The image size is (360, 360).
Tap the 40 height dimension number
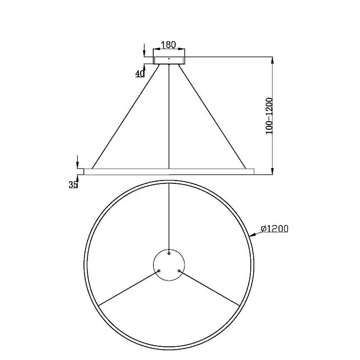click(139, 74)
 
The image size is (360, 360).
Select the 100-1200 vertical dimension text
click(270, 116)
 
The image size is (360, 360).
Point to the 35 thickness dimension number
click(73, 185)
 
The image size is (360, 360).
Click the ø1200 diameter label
click(274, 229)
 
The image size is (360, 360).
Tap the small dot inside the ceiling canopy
click(169, 57)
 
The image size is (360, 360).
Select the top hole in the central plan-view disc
click(169, 251)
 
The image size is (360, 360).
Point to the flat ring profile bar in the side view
click(169, 171)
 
